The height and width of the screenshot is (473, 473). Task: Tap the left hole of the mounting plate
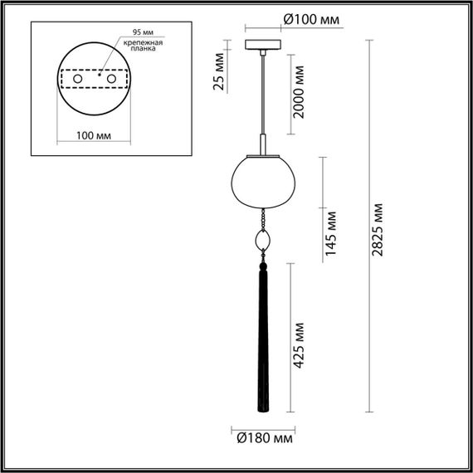[77, 78]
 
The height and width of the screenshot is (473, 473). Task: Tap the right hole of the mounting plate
[107, 78]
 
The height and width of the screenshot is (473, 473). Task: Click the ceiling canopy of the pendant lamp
[263, 43]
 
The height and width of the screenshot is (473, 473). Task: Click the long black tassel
[264, 332]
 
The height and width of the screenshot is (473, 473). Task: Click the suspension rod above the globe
[264, 100]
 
